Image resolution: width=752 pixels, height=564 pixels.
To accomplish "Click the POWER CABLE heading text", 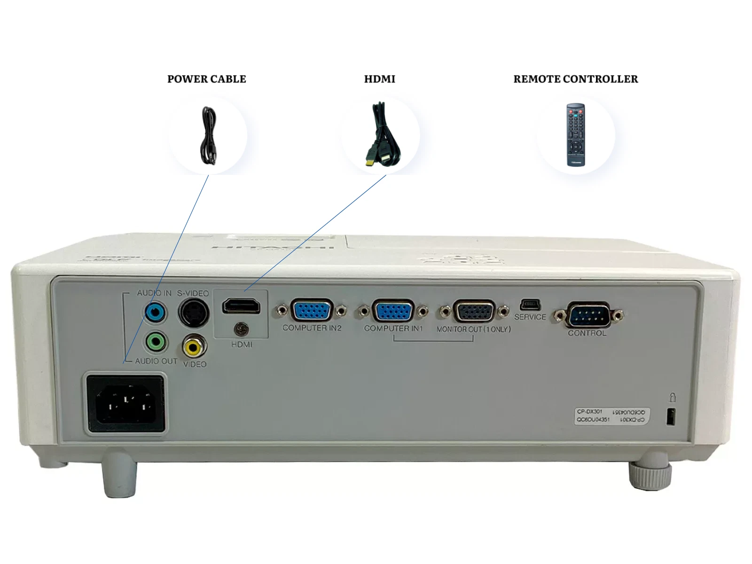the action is (x=206, y=79).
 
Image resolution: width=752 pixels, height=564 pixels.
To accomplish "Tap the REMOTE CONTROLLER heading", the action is (x=575, y=79).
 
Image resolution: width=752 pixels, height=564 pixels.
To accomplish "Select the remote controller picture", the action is (x=575, y=135).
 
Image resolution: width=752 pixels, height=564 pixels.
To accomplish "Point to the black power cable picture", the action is (x=208, y=136).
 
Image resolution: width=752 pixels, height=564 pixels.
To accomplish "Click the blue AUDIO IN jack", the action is (x=155, y=312).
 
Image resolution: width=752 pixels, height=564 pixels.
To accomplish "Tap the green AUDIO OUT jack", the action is (x=156, y=342).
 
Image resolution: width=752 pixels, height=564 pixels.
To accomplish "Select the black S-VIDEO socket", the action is (x=193, y=313).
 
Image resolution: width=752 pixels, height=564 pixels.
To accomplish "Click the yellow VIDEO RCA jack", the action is (x=194, y=347).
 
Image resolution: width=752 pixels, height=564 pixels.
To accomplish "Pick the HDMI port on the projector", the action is (x=241, y=306).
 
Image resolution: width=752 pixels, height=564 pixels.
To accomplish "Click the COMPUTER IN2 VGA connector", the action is (x=312, y=311).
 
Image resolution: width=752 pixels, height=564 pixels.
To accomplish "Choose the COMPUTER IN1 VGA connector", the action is (x=393, y=311).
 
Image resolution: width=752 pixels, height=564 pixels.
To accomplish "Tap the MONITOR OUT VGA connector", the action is (x=474, y=312).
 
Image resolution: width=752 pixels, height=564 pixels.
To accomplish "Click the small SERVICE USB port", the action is (x=530, y=305).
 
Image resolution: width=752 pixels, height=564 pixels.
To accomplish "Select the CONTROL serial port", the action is (x=588, y=315).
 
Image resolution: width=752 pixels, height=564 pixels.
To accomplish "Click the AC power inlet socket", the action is (x=125, y=403).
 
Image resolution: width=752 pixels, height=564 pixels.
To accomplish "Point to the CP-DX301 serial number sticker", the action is (x=611, y=416).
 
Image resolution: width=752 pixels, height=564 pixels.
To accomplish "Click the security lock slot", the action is (x=671, y=416).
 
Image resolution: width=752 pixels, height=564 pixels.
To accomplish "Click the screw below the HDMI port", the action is (x=242, y=329).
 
